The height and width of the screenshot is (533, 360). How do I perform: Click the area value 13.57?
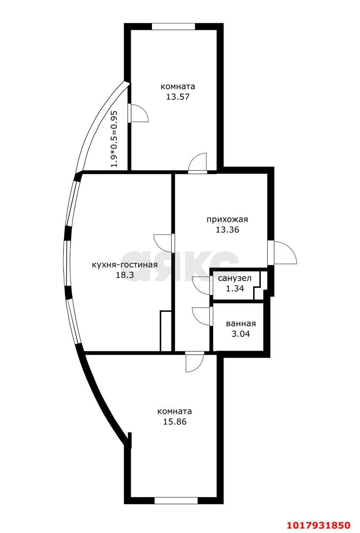(178, 97)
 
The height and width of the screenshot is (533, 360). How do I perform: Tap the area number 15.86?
(175, 422)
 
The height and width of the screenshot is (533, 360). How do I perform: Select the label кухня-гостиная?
(125, 264)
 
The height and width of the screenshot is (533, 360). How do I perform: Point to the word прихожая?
(227, 219)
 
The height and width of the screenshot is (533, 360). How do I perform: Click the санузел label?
(235, 278)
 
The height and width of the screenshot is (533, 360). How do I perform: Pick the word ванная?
(241, 324)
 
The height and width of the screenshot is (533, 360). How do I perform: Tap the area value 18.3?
(125, 275)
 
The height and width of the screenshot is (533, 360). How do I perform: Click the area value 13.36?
(227, 229)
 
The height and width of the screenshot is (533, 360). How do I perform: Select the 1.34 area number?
(235, 289)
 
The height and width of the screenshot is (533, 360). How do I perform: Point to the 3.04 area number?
(241, 334)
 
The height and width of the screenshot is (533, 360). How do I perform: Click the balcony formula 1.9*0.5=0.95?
(114, 139)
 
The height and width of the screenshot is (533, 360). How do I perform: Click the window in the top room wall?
(174, 26)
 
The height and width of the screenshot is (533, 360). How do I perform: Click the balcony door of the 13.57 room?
(138, 113)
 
